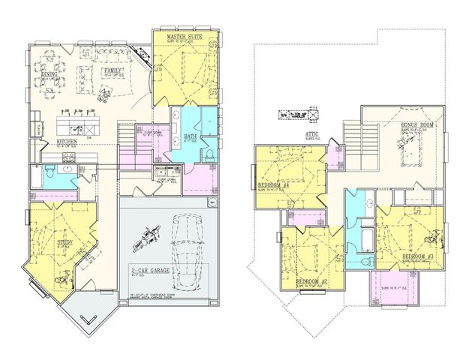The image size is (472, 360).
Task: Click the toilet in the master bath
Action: pyautogui.click(x=209, y=154)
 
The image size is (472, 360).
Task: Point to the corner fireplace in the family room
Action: pyautogui.click(x=141, y=56)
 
